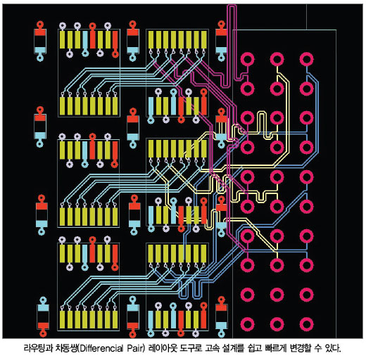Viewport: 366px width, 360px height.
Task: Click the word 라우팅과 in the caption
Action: pyautogui.click(x=39, y=348)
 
